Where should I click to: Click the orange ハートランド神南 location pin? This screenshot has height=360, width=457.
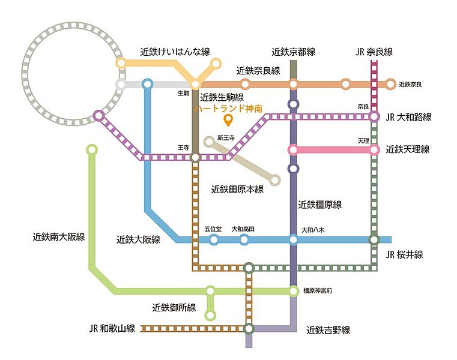click(228, 120)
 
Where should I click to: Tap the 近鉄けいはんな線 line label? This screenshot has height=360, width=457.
click(175, 52)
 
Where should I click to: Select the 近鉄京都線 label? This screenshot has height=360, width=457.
click(294, 52)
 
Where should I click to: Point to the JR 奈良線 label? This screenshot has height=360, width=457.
click(374, 52)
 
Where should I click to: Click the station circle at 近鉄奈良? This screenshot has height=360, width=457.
click(390, 85)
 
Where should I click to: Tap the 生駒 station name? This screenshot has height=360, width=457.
click(184, 93)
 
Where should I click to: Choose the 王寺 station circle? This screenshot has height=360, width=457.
click(195, 158)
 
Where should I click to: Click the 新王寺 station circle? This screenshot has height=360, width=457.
click(209, 142)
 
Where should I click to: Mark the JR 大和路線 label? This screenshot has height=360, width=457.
click(408, 117)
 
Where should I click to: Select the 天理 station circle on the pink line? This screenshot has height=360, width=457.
click(374, 150)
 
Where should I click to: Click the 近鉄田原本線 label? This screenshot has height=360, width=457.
click(237, 190)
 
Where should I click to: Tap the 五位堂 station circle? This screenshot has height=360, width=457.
click(214, 240)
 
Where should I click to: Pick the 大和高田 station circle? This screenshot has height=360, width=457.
click(244, 240)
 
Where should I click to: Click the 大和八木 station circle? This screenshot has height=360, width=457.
click(294, 240)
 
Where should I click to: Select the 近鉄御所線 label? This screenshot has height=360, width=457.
click(174, 307)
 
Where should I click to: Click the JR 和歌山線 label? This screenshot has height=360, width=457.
click(112, 329)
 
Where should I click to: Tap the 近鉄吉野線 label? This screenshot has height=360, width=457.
click(328, 330)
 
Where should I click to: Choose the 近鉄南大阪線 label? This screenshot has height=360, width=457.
click(59, 237)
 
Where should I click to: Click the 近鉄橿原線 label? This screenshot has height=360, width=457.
click(319, 205)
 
